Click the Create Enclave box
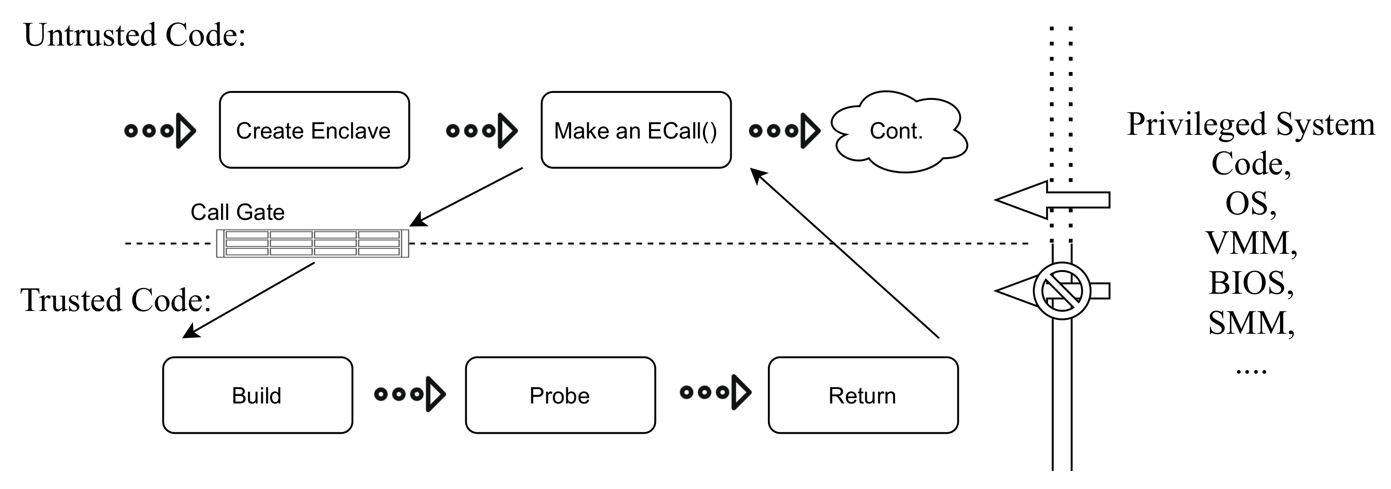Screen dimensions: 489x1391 click(314, 130)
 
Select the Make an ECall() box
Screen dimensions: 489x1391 click(636, 130)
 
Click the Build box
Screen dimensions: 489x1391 click(257, 395)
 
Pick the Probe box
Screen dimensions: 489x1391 click(560, 395)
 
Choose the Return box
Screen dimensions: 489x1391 click(862, 395)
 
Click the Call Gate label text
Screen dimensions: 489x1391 click(237, 212)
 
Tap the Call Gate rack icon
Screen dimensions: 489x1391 click(312, 243)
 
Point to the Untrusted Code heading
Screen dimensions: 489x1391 click(135, 35)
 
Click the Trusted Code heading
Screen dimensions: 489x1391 click(116, 300)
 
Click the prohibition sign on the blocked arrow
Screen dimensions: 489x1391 click(1062, 291)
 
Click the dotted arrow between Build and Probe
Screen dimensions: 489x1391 click(409, 394)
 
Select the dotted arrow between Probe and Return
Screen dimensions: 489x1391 click(715, 392)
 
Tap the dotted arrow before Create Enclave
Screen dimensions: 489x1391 click(160, 130)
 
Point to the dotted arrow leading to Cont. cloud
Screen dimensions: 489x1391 click(784, 130)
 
